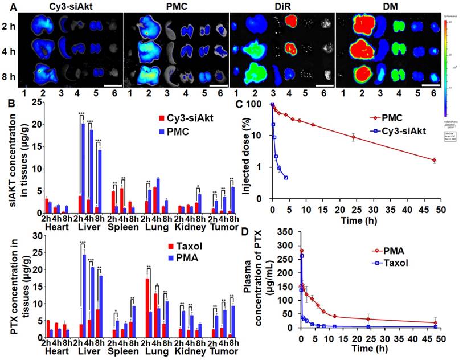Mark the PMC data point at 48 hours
pos(434,161)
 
